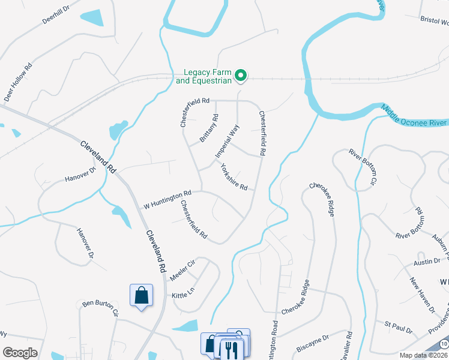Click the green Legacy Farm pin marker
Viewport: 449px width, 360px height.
241,76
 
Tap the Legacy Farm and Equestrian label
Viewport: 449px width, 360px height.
203,76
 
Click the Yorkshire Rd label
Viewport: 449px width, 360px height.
234,177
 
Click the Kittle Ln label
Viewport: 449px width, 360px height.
184,292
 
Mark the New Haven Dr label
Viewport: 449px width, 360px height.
422,295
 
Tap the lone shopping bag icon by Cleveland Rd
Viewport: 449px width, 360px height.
141,295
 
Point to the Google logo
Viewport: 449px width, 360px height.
20,353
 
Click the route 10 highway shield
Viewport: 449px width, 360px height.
443,343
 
